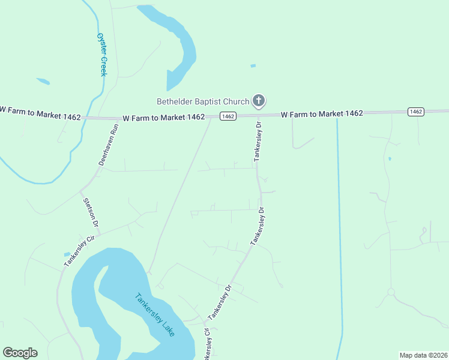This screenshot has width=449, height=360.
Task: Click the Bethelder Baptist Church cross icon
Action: (x=259, y=101)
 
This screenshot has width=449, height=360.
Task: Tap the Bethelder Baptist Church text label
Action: (x=203, y=101)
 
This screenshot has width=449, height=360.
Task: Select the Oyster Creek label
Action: (x=101, y=54)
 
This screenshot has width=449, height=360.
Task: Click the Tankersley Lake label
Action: (x=155, y=314)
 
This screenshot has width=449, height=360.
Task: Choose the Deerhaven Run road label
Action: (x=109, y=146)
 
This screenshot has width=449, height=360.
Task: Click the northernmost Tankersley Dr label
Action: (x=258, y=142)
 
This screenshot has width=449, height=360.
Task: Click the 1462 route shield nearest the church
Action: (x=227, y=116)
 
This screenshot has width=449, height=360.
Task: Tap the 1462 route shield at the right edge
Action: (x=415, y=112)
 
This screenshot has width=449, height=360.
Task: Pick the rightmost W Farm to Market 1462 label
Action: (x=323, y=114)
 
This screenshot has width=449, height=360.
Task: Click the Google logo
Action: (x=20, y=353)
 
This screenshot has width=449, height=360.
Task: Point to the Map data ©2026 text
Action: (x=423, y=355)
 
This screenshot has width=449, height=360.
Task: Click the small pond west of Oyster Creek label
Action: (x=43, y=81)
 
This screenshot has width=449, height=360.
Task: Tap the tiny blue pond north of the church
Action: (x=253, y=65)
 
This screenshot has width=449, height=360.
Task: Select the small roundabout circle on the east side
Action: (x=391, y=292)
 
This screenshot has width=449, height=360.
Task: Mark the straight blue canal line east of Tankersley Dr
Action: (x=339, y=228)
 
